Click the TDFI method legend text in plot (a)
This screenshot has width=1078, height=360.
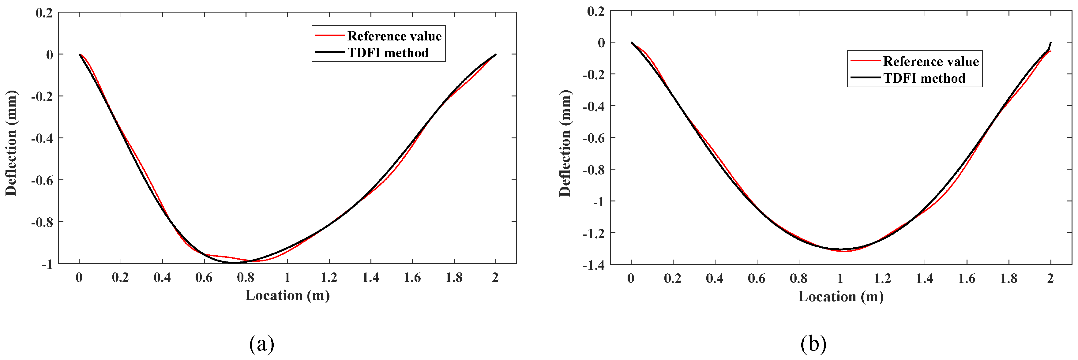[388, 53]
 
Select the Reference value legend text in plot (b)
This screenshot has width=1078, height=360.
[931, 62]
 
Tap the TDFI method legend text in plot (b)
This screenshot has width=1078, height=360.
[924, 78]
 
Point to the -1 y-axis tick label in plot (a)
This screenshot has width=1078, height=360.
[47, 264]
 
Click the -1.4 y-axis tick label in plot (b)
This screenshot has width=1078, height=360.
[593, 265]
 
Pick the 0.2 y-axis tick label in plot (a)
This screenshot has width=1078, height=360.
[44, 13]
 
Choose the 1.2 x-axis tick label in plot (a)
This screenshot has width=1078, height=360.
[329, 278]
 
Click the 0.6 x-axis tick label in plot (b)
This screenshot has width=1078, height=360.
[757, 278]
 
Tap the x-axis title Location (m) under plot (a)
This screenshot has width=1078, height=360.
[287, 295]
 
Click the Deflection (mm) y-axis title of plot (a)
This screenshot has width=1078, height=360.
[11, 143]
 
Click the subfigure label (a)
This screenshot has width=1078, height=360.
[261, 344]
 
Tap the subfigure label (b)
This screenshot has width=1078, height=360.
[813, 344]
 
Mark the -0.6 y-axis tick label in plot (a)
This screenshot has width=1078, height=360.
[42, 180]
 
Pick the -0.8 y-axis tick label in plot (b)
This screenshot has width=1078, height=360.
[593, 170]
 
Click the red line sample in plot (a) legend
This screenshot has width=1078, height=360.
[329, 36]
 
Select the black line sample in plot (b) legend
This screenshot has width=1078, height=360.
[865, 77]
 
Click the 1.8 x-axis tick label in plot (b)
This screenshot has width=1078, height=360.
[1009, 278]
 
